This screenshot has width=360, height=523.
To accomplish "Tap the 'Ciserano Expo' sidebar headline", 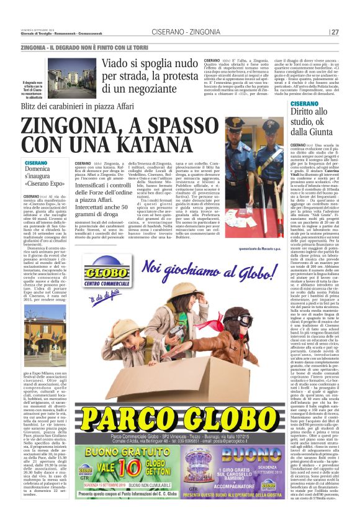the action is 45,176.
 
